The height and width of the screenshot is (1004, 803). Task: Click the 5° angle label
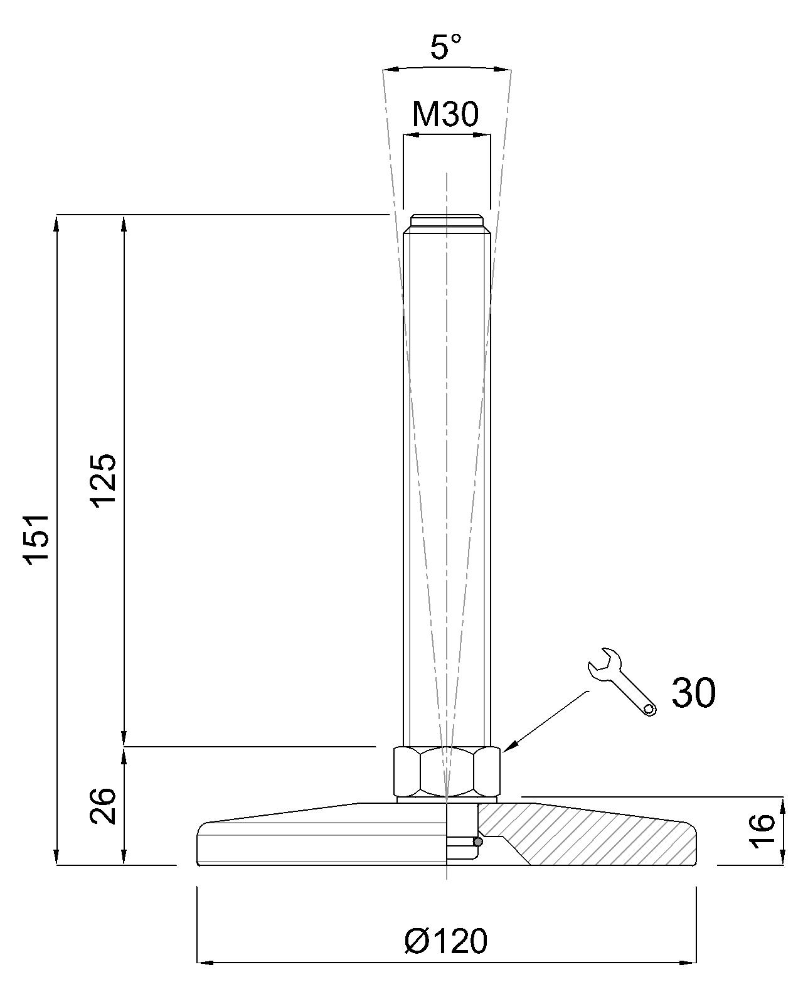[445, 46]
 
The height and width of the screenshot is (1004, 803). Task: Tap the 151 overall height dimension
[38, 540]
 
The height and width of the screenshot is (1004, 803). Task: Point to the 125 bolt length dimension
[103, 481]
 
